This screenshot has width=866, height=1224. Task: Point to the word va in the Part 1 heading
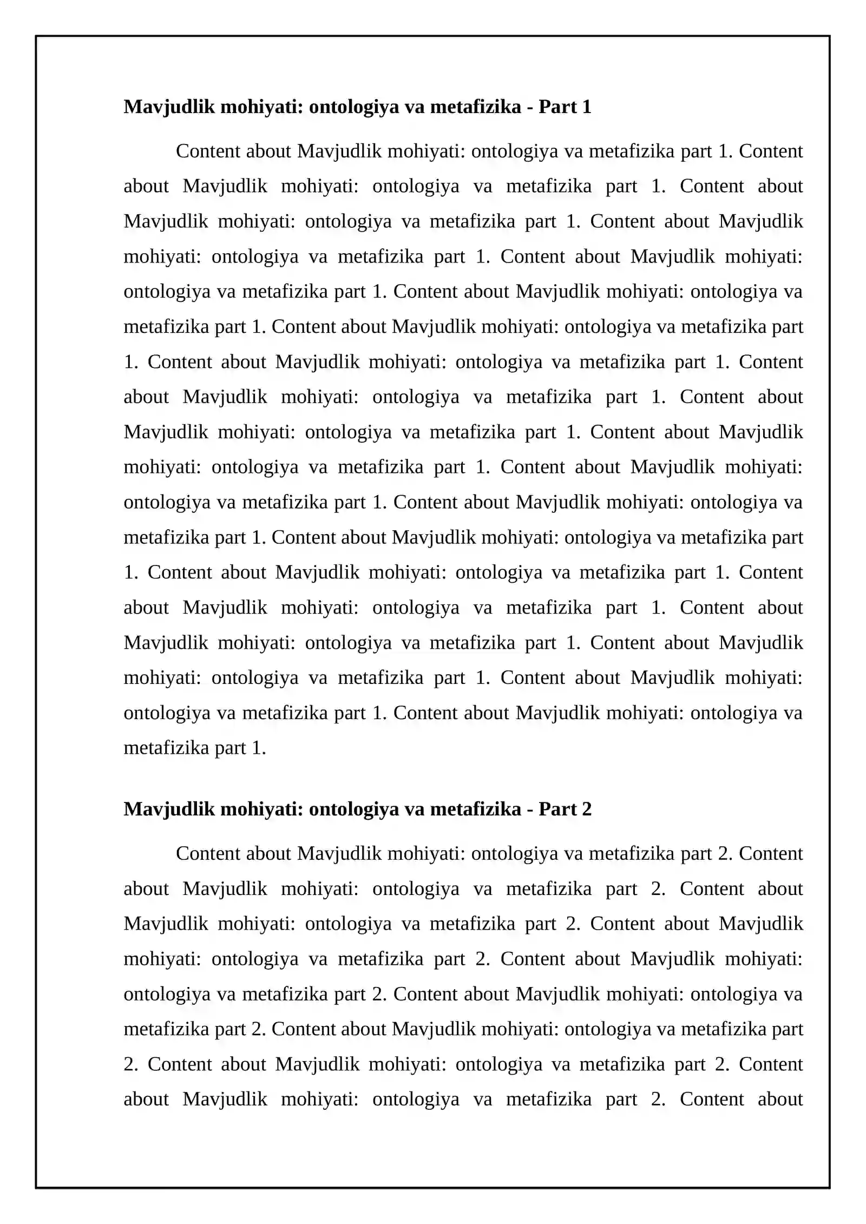click(414, 107)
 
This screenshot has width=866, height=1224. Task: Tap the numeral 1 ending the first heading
click(586, 107)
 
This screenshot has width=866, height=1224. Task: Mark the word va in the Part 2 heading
click(414, 809)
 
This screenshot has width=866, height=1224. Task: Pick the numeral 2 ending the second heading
click(586, 809)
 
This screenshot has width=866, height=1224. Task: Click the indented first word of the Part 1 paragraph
click(208, 151)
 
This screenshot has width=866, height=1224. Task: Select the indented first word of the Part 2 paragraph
click(208, 853)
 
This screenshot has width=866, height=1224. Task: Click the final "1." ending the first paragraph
click(259, 748)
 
